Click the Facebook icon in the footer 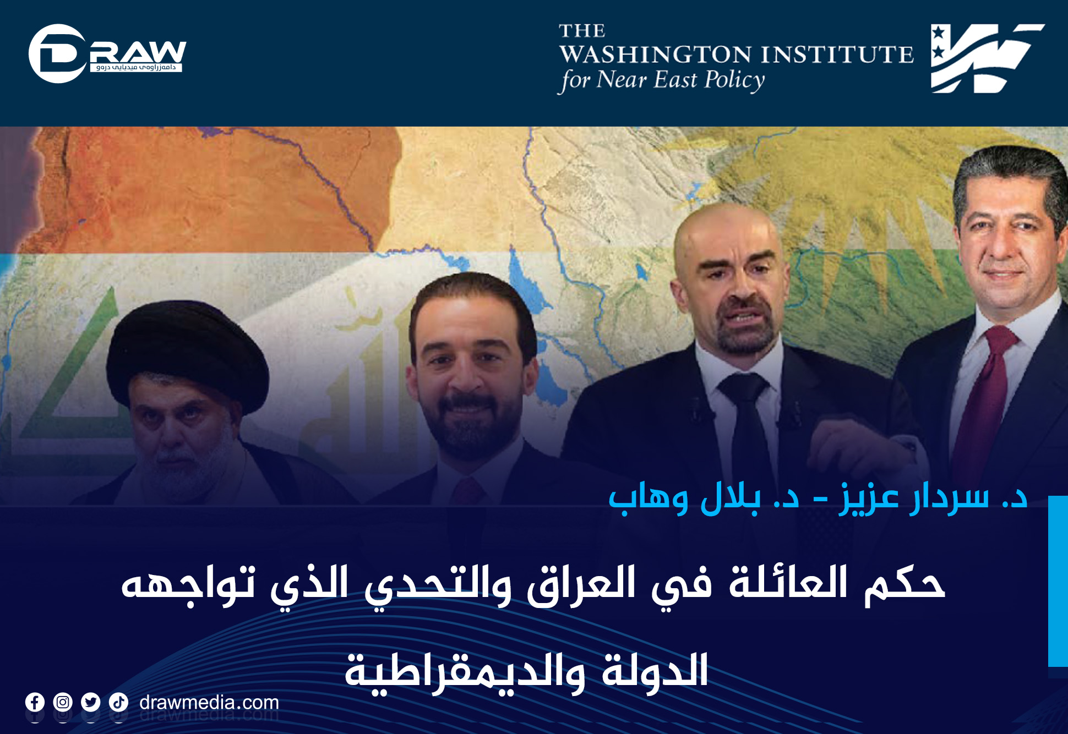tap(35, 702)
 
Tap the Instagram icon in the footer tap(63, 702)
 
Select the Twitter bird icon tap(91, 702)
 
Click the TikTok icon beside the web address tap(118, 702)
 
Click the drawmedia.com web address tap(209, 703)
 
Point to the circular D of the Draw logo tap(56, 53)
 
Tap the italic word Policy tap(735, 80)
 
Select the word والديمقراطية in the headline tap(466, 672)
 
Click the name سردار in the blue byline tap(949, 499)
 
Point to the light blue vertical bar tap(1058, 581)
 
